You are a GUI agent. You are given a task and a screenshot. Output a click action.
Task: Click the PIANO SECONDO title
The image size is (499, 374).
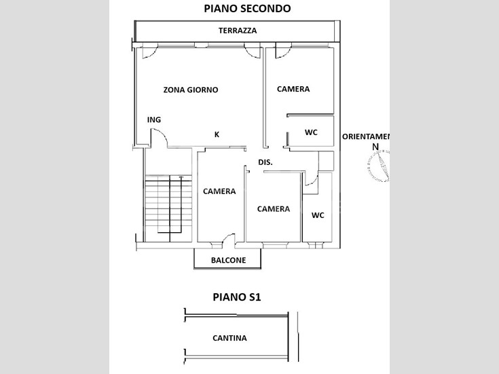247,9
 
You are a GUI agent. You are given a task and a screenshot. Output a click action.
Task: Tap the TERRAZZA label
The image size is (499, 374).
237,31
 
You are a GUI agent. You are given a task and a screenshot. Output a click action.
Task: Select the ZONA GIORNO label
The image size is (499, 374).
191,90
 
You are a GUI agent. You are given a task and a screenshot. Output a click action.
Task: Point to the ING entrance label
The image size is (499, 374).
154,120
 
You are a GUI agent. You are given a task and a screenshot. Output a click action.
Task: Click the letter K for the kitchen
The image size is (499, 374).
217,134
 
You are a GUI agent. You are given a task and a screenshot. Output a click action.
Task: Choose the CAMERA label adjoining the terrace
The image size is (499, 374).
293,89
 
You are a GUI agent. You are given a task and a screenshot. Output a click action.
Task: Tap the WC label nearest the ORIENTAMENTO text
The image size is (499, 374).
311,132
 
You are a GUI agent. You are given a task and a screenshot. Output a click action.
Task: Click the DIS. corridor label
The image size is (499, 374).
265,162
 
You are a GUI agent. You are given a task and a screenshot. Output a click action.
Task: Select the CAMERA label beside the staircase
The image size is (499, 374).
219,191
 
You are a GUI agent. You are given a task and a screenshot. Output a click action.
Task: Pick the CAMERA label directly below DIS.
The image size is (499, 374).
274,209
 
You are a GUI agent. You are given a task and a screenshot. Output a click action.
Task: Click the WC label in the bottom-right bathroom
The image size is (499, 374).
317,215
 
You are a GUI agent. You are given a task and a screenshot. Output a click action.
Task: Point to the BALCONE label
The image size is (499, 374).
227,261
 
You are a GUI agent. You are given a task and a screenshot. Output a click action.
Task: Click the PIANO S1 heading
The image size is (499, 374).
236,297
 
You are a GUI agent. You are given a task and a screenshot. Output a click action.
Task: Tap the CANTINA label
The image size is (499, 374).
229,338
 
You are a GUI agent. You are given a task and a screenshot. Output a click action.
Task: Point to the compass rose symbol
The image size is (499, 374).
378,166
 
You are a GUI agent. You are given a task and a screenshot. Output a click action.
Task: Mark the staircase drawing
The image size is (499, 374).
164,204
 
